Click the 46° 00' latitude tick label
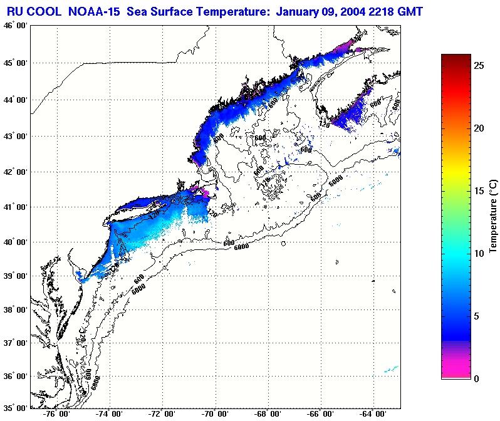click(14, 26)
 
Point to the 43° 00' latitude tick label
click(14, 136)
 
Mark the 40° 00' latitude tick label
click(14, 242)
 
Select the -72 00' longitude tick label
click(164, 414)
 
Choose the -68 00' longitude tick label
click(271, 414)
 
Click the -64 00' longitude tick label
click(378, 414)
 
